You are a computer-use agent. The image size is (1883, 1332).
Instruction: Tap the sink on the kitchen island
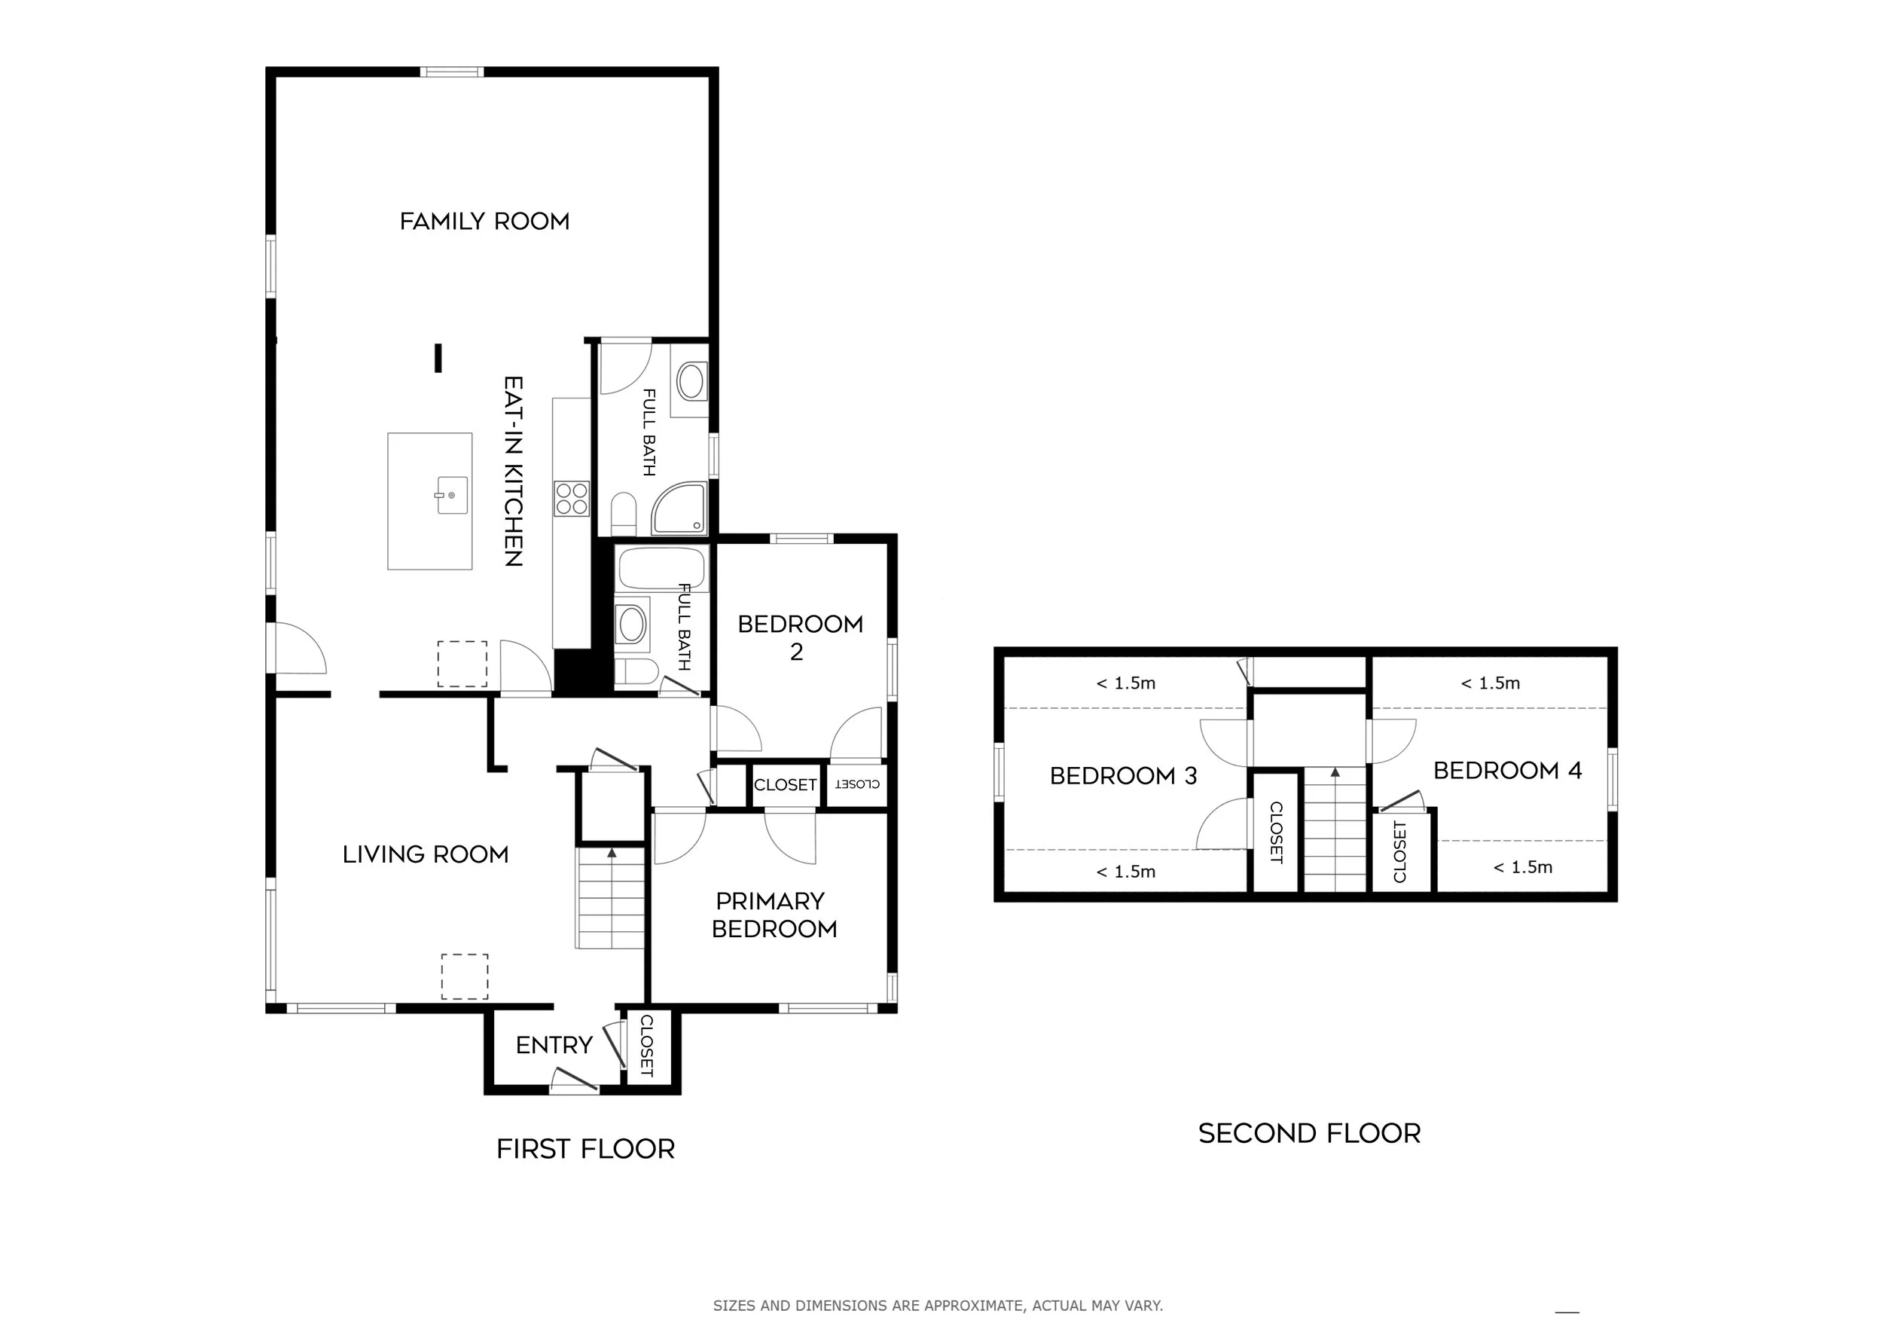[452, 496]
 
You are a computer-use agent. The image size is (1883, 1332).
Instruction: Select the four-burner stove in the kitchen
[572, 499]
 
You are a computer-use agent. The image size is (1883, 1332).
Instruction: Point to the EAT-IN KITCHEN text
[514, 471]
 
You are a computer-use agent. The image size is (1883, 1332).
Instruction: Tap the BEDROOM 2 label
[800, 638]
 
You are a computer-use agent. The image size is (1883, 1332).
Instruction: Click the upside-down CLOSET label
[857, 784]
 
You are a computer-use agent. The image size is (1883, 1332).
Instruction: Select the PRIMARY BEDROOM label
[774, 915]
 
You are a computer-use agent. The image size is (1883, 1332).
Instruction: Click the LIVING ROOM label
[426, 854]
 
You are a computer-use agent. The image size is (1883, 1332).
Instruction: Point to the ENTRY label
[554, 1046]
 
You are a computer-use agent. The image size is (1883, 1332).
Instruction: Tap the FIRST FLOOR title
[585, 1149]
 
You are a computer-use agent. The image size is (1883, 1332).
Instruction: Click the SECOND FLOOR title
[1310, 1134]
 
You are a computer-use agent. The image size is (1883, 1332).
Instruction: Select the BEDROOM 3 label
[1124, 776]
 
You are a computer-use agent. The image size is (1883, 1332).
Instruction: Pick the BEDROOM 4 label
[1507, 771]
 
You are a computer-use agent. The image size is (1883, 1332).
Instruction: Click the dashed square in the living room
[465, 976]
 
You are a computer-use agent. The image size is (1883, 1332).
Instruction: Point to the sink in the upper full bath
[690, 382]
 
